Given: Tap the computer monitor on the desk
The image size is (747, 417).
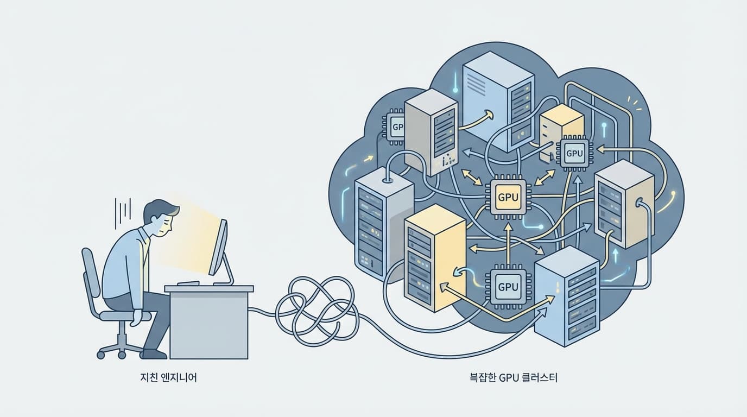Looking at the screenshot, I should click(218, 248).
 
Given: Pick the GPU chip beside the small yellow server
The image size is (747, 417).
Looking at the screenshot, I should click(574, 153).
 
